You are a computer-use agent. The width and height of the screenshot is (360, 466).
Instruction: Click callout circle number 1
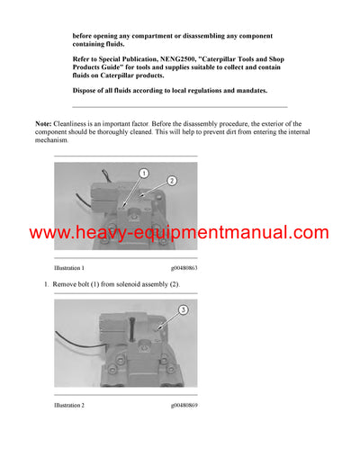(x=142, y=173)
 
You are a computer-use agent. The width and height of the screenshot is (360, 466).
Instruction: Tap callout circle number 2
(x=172, y=180)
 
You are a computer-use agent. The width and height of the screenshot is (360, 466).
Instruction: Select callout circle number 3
(x=183, y=309)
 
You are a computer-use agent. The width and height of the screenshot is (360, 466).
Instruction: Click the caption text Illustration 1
(x=69, y=268)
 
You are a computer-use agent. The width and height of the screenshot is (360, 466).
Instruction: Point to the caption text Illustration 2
(x=69, y=406)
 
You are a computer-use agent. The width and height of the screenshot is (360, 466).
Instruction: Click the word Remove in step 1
(x=67, y=284)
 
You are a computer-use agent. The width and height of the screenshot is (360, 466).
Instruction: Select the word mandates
(x=248, y=90)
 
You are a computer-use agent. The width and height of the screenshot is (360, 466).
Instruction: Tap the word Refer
(x=84, y=58)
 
